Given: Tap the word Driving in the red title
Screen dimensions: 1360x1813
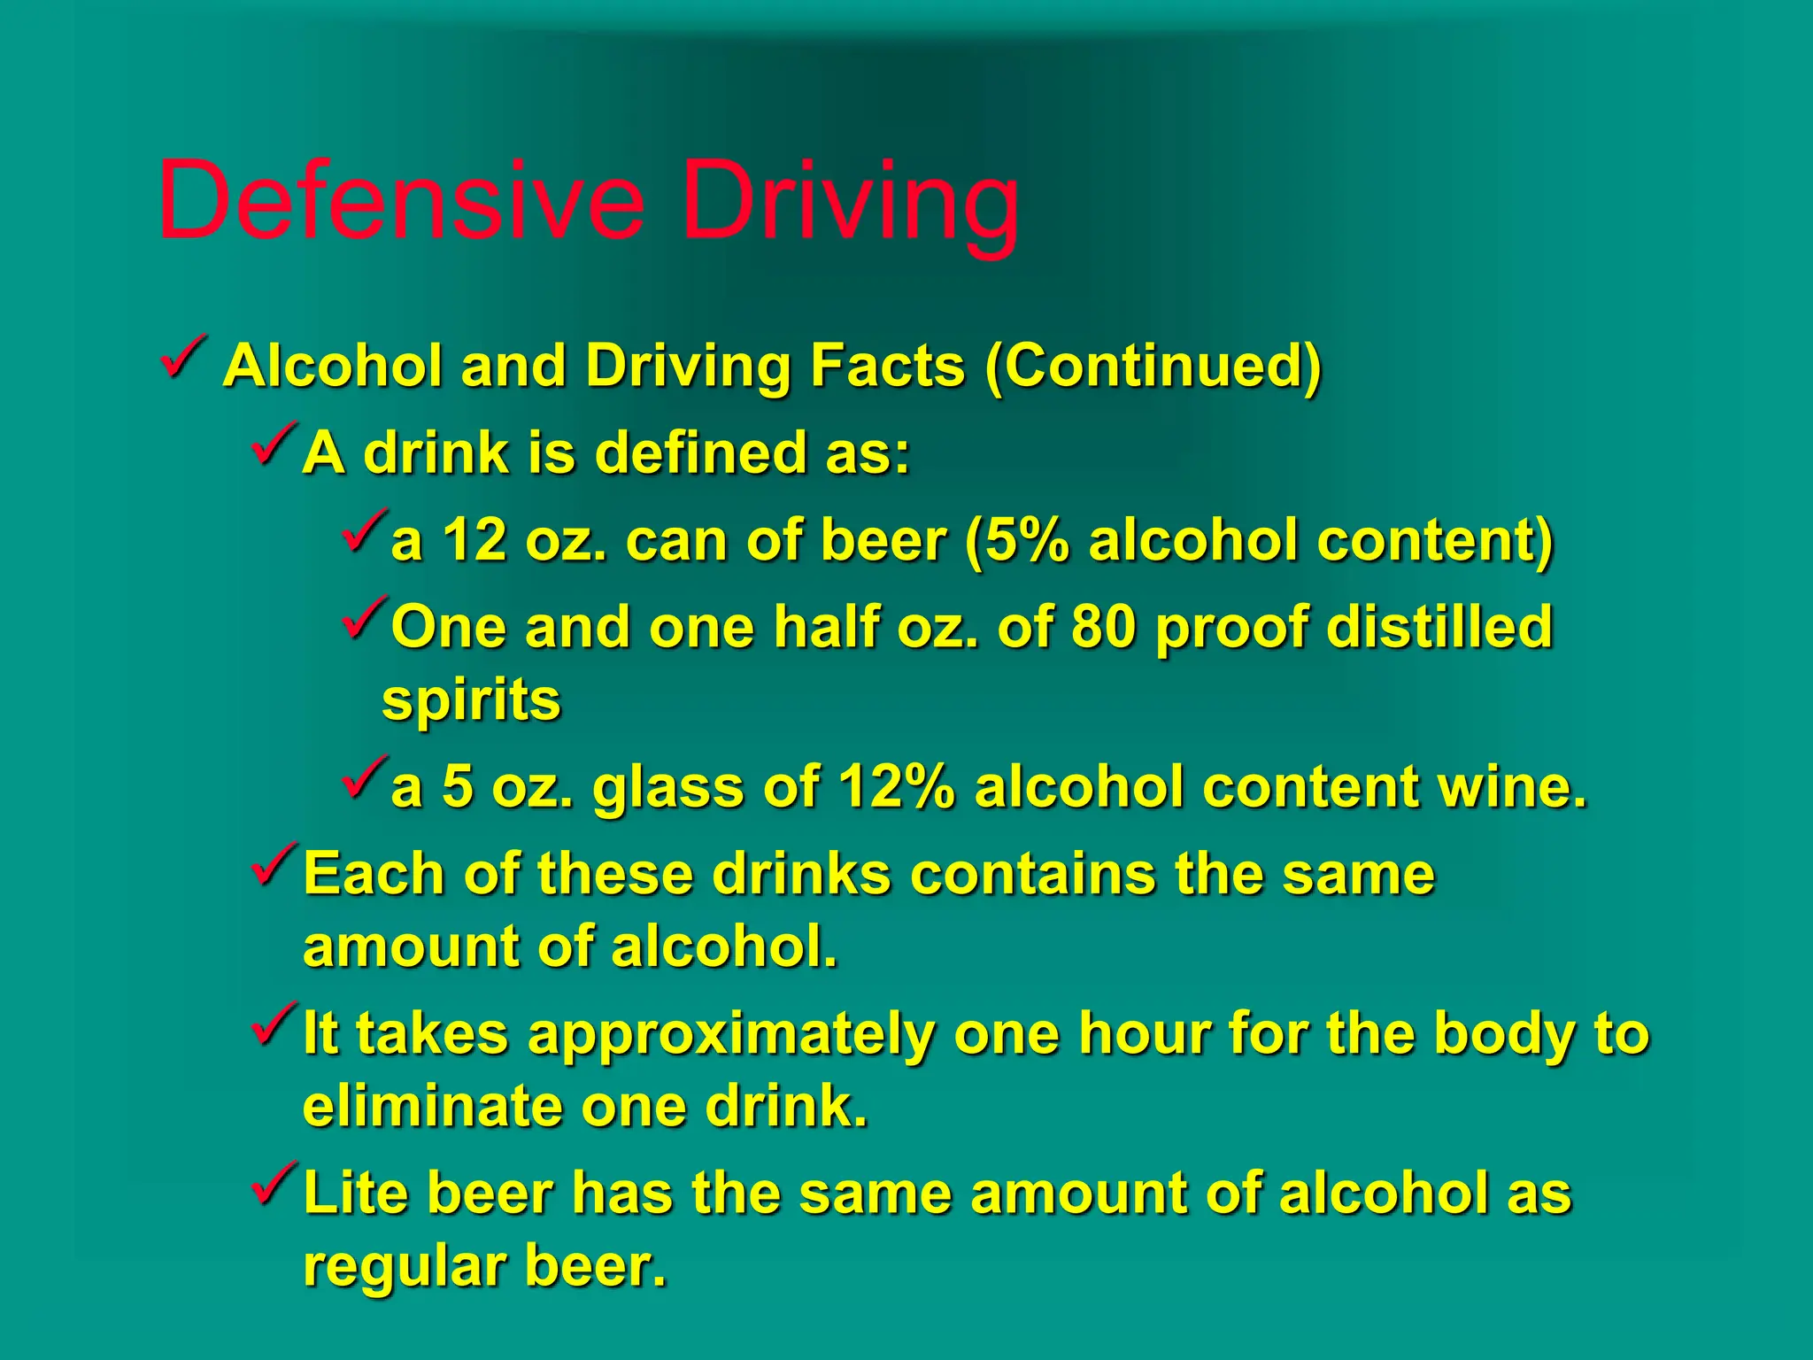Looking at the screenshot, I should click(851, 204).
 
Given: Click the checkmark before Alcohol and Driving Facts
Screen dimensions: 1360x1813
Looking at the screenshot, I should click(184, 358).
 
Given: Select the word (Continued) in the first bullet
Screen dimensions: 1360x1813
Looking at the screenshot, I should click(1153, 365).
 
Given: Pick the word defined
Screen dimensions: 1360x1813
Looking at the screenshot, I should click(700, 452).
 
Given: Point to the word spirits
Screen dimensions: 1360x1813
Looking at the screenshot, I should click(471, 701).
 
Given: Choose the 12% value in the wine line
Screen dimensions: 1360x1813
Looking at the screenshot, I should click(897, 786).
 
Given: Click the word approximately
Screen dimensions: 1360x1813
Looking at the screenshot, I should click(731, 1034).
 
